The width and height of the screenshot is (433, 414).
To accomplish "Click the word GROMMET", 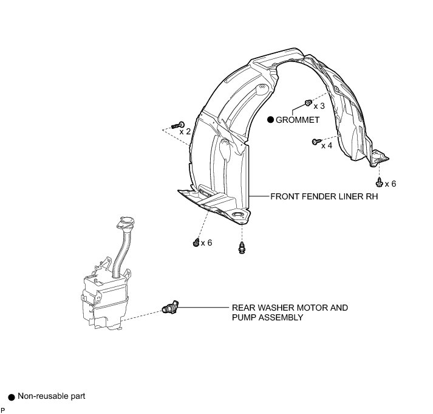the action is click(x=298, y=120).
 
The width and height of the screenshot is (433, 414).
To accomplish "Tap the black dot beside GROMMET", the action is click(x=271, y=120).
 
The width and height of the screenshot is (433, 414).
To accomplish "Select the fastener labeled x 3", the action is click(x=309, y=102).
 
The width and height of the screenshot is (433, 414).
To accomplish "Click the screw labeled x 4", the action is click(x=315, y=142).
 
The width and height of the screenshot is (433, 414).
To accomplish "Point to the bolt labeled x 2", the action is click(x=177, y=125).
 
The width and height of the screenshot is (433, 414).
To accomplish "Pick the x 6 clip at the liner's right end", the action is click(x=379, y=181).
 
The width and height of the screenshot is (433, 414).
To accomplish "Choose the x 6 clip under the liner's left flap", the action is click(x=196, y=242).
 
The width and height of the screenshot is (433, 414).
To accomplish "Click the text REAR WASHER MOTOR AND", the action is click(x=290, y=308).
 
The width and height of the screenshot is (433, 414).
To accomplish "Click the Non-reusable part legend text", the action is click(x=52, y=396).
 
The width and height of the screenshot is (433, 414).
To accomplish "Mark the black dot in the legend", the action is click(x=11, y=397).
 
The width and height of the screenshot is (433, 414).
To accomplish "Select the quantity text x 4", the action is click(x=326, y=145).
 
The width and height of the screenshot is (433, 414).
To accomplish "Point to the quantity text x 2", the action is click(x=185, y=131).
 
